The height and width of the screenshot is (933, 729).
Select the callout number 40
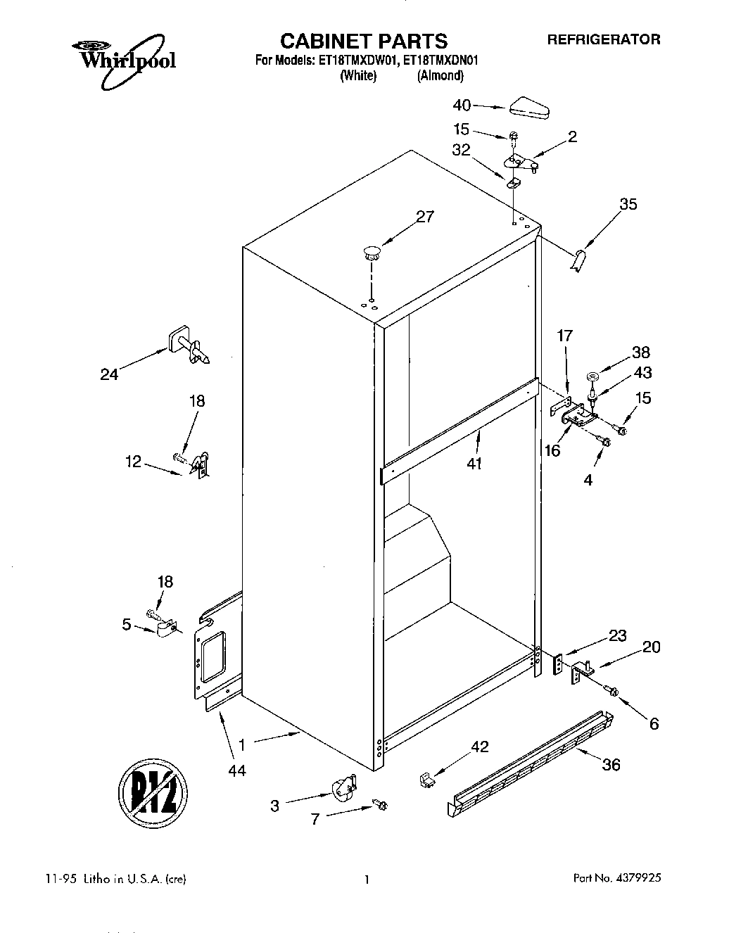pyautogui.click(x=462, y=105)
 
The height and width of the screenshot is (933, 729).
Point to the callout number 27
pyautogui.click(x=425, y=217)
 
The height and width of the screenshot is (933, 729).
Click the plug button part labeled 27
pyautogui.click(x=372, y=253)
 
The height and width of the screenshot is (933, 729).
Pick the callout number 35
pyautogui.click(x=628, y=204)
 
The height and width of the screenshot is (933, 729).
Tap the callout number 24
pyautogui.click(x=109, y=374)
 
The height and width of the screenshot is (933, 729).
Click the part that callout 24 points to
pyautogui.click(x=187, y=346)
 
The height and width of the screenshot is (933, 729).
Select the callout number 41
pyautogui.click(x=474, y=464)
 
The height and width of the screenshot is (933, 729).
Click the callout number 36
pyautogui.click(x=611, y=764)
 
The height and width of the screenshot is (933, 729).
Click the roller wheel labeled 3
pyautogui.click(x=343, y=787)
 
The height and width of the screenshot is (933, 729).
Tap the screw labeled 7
pyautogui.click(x=381, y=803)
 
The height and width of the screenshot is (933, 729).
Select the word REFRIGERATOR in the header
pyautogui.click(x=604, y=39)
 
